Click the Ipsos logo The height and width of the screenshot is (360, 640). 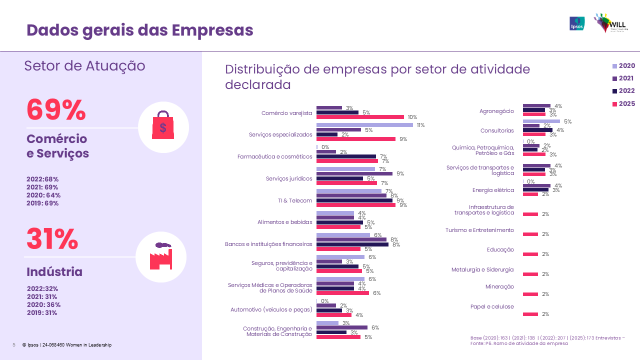(x=577, y=23)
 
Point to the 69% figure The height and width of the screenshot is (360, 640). (x=56, y=109)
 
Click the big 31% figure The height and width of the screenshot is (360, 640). (x=52, y=239)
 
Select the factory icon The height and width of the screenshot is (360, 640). (x=161, y=256)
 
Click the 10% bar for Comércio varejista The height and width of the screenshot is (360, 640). (x=360, y=117)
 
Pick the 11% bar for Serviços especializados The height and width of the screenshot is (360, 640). (x=364, y=125)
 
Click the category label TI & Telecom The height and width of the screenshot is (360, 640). (x=295, y=200)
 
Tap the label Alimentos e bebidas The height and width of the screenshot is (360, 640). (x=284, y=222)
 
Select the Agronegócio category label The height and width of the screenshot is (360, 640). (x=496, y=111)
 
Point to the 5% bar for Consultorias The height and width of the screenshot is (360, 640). (x=541, y=121)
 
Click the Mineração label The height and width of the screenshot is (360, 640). (x=499, y=287)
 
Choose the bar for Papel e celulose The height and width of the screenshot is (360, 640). (x=530, y=314)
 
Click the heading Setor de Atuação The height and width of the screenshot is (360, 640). (x=84, y=66)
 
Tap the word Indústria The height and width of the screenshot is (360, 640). (x=54, y=272)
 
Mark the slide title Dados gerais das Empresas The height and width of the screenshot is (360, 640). (x=139, y=30)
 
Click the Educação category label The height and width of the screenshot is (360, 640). (x=500, y=249)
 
